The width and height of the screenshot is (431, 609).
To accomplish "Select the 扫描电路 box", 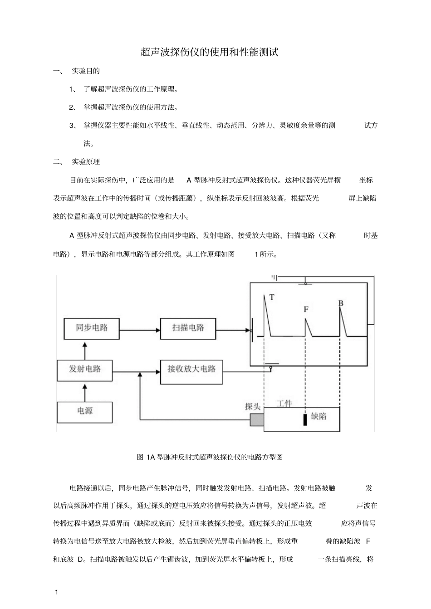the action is point(188,328).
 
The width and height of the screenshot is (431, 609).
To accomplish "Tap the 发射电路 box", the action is point(84,370).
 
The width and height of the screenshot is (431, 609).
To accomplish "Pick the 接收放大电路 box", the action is point(191,370).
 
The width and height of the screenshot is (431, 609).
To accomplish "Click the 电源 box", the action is point(84,411).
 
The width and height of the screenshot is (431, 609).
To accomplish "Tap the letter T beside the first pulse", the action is point(272,297).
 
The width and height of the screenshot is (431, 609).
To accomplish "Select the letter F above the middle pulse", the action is point(306,309).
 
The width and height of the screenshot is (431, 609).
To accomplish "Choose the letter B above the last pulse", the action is point(341,303).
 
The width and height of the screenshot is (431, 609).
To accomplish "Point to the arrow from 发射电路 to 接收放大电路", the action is point(136,372).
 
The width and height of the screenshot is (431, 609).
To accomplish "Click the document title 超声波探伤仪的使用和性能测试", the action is point(209,52).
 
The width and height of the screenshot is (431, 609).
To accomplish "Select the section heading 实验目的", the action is point(86,71).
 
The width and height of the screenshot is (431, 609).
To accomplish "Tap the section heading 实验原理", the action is point(86,162).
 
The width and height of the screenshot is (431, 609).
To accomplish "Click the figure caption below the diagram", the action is point(210,457).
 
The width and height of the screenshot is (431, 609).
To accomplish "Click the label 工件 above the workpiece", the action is point(284,404).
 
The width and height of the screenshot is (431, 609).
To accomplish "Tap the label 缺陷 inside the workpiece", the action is point(319,416).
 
